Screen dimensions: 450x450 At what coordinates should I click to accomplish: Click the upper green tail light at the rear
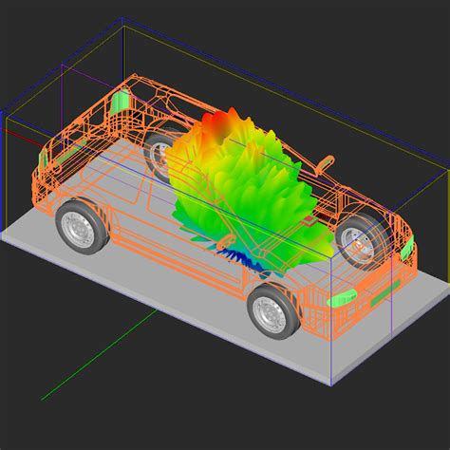121,100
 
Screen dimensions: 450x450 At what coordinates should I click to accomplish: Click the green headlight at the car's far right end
406,251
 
